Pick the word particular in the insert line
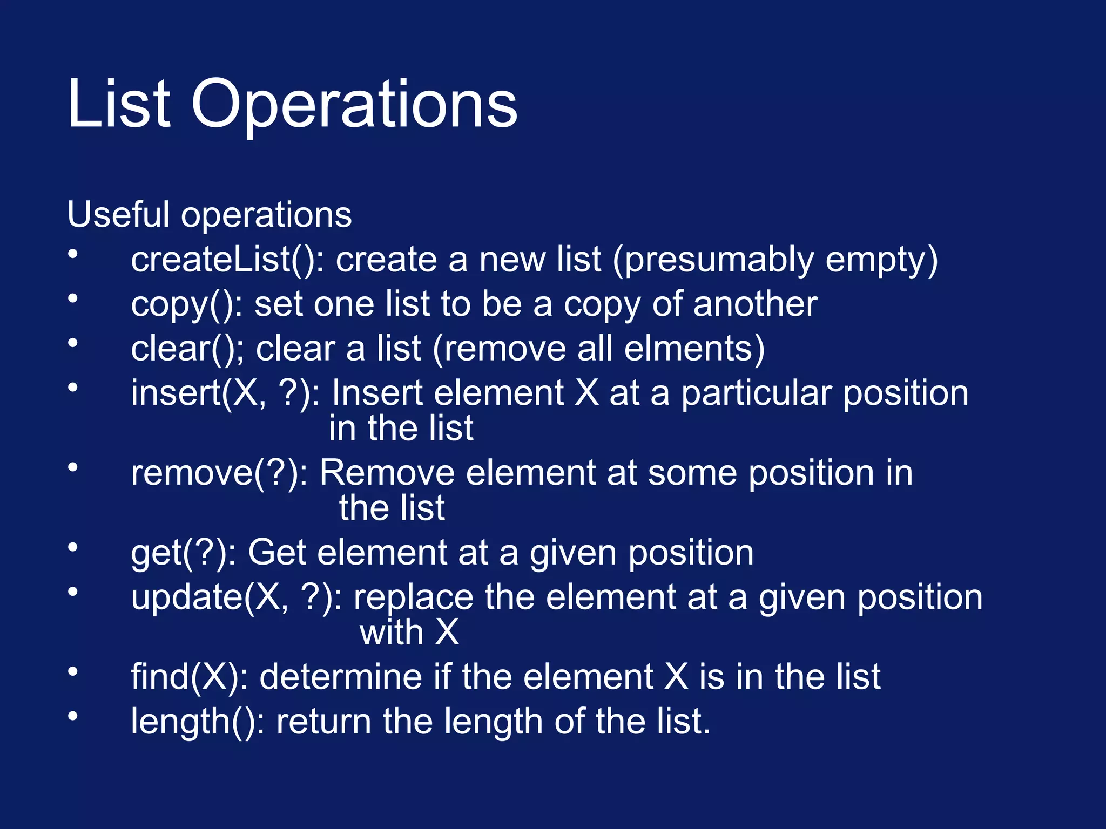tap(756, 393)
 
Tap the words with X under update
tap(409, 632)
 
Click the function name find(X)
tap(189, 677)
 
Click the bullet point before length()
tap(73, 716)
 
